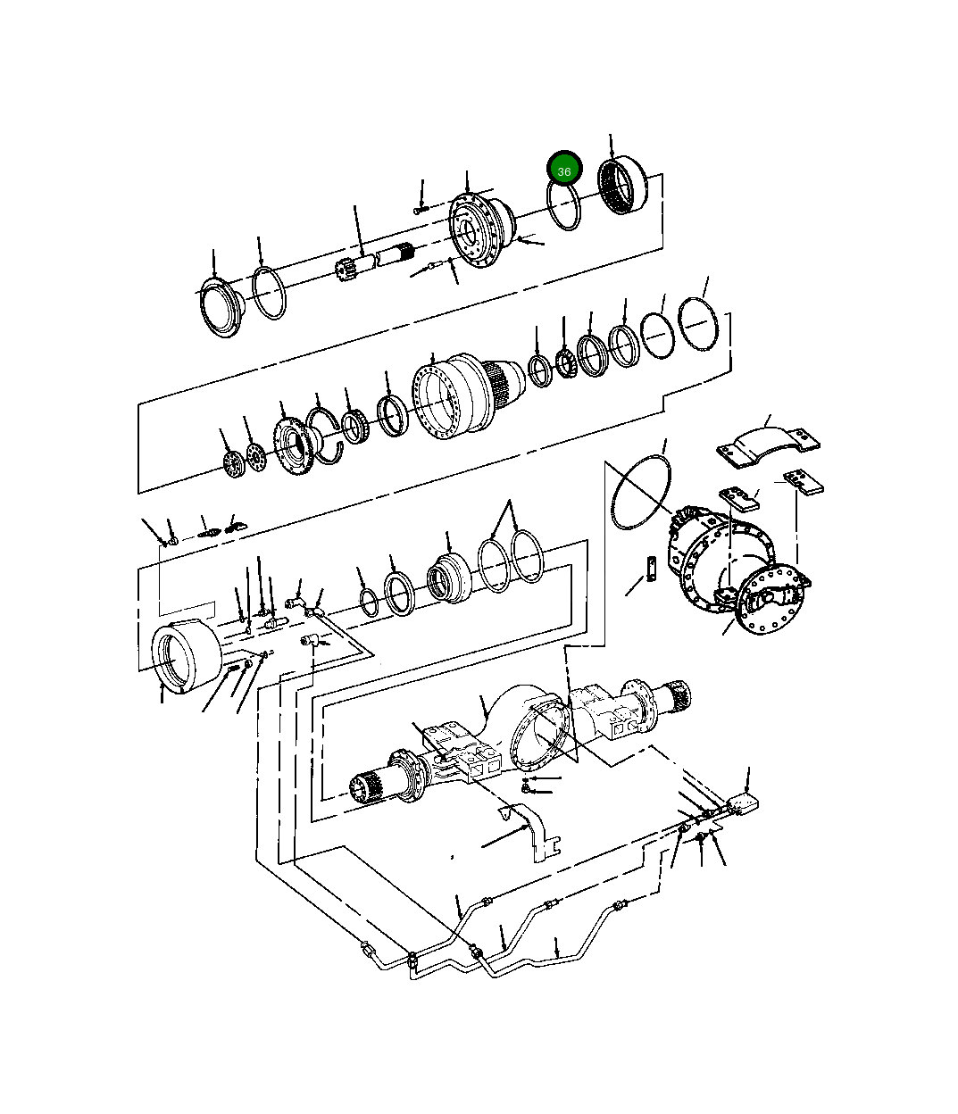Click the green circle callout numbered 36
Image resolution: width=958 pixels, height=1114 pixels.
[564, 169]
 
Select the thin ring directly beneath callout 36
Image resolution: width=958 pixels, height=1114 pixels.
[565, 207]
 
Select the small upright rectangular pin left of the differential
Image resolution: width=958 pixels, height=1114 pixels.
[652, 567]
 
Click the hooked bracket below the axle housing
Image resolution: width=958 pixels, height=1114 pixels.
[535, 835]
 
